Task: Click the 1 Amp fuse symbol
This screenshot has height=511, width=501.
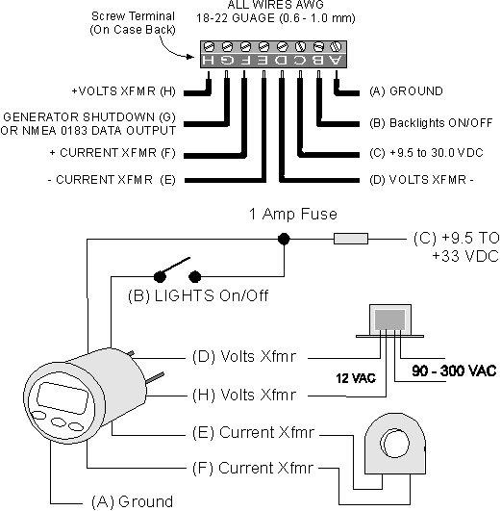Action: [351, 239]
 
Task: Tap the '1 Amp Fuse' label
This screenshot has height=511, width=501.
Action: [293, 214]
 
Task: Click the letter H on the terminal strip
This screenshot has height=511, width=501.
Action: [208, 60]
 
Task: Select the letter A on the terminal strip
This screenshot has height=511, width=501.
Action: [336, 60]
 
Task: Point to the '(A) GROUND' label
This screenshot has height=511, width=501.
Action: [406, 90]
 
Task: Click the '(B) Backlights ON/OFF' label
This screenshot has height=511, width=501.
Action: [431, 123]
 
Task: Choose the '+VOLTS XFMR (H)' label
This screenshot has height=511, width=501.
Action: [123, 90]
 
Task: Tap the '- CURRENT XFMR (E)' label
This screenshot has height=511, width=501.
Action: [112, 180]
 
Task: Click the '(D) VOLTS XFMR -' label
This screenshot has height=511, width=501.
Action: [421, 180]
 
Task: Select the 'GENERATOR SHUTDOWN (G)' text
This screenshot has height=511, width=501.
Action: [89, 116]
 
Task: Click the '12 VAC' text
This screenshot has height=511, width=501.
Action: [356, 378]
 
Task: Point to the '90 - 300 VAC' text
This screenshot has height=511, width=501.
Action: [454, 370]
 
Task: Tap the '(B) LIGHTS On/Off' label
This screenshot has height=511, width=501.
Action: [198, 295]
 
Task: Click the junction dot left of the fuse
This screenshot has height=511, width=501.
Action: [284, 239]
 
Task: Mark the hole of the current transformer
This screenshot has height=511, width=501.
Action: [396, 444]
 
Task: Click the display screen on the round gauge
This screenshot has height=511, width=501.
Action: [63, 397]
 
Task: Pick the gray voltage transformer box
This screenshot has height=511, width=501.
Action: [389, 319]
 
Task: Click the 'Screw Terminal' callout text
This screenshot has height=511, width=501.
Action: [133, 15]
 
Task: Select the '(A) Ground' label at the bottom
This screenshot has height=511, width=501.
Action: [133, 501]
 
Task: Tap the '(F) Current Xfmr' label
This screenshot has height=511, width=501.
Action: [253, 468]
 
